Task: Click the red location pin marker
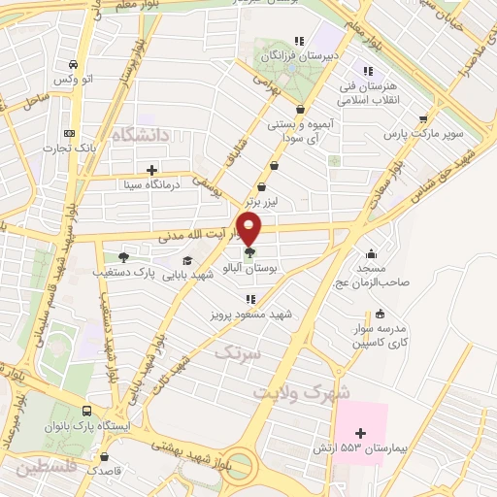pos(249,230)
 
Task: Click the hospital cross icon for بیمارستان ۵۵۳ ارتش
pos(361,433)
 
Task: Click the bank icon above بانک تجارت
pos(68,134)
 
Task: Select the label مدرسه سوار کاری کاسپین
pos(380,336)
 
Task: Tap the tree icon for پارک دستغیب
pos(123,257)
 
